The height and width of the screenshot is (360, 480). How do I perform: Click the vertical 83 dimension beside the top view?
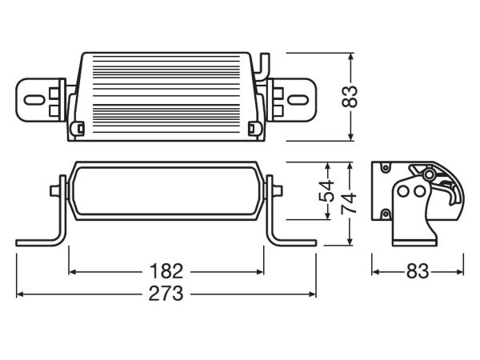click(x=349, y=97)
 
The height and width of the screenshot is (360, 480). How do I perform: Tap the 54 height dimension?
click(x=326, y=190)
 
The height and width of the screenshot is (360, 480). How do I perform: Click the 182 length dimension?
click(x=166, y=270)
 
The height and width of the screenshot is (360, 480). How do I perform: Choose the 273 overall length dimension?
click(x=166, y=294)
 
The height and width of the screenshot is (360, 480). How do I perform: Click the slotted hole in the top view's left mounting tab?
click(x=35, y=100)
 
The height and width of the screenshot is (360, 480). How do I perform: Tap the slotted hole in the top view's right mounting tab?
click(x=298, y=100)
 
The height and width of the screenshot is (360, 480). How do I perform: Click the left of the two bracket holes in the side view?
click(x=405, y=191)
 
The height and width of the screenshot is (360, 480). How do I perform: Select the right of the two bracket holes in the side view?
click(x=418, y=191)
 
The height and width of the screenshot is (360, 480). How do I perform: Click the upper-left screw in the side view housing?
click(x=385, y=168)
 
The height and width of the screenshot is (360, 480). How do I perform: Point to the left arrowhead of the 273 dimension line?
click(x=19, y=294)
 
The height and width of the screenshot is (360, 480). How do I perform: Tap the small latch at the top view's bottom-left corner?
click(x=80, y=127)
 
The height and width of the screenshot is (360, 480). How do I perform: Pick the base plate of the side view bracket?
click(x=415, y=238)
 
